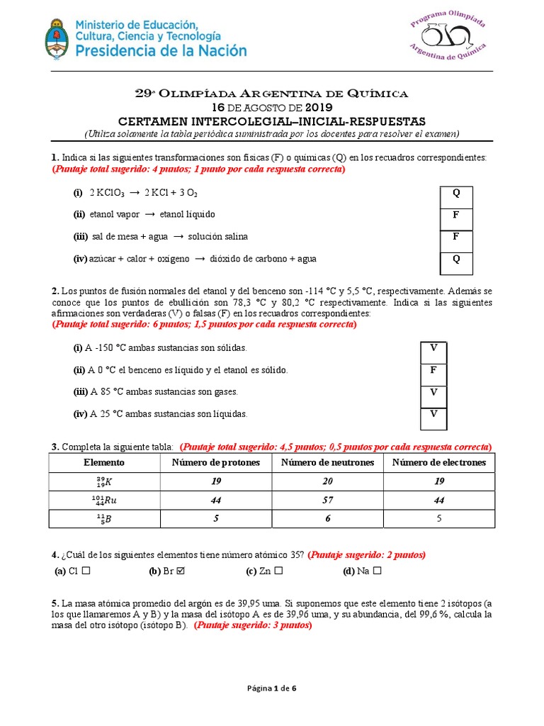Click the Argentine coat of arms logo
pyautogui.click(x=57, y=39)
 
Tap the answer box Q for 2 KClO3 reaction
pyautogui.click(x=456, y=193)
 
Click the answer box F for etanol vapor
pyautogui.click(x=456, y=215)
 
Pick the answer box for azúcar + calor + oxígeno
pyautogui.click(x=456, y=259)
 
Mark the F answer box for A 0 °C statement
pyautogui.click(x=433, y=370)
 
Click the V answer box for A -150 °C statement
pyautogui.click(x=433, y=347)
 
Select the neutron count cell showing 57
pyautogui.click(x=327, y=500)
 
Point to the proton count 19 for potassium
pyautogui.click(x=216, y=481)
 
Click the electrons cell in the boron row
pyautogui.click(x=439, y=518)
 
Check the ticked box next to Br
pyautogui.click(x=181, y=571)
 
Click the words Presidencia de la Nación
pyautogui.click(x=161, y=50)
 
